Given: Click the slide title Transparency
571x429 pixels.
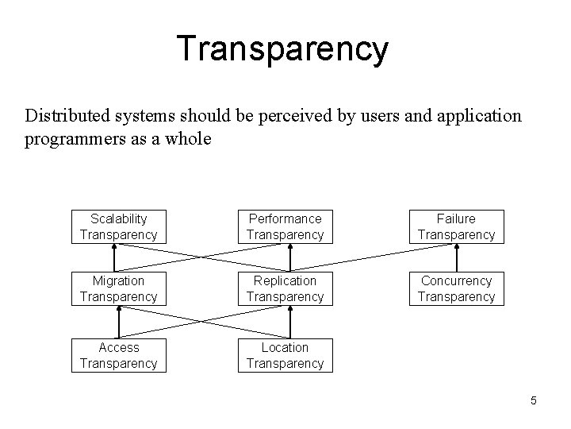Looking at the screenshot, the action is click(282, 48).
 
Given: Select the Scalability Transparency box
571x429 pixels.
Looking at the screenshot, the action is click(119, 226).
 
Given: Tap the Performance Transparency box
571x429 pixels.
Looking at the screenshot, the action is click(285, 226).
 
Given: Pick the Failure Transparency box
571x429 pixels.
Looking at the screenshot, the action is click(456, 226).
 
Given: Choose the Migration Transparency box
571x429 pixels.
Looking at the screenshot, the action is click(119, 288).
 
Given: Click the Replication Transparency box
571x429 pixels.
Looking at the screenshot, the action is click(285, 288).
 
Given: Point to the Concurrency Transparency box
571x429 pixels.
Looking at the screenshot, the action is click(456, 288).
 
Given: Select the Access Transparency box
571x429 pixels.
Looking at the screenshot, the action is click(119, 355).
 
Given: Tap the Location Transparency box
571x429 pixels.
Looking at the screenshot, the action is click(285, 355).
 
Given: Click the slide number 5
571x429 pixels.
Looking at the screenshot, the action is click(534, 400).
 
